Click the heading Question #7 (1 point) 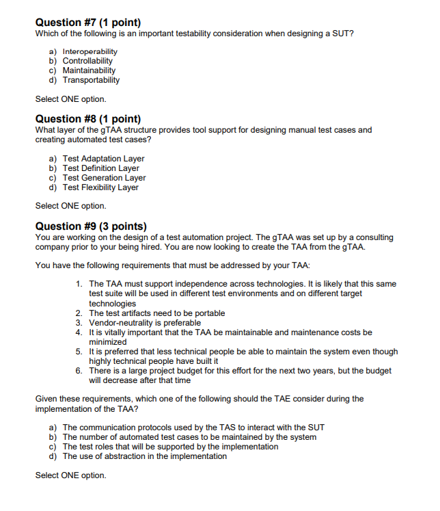[88, 22]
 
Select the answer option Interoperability [90, 51]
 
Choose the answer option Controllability [87, 61]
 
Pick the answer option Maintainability [89, 70]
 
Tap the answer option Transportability [91, 80]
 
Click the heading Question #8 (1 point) [88, 118]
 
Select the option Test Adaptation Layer [103, 159]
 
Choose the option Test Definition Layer [100, 168]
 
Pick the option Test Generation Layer [104, 178]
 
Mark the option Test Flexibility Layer [100, 187]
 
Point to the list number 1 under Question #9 [79, 284]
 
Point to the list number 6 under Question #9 [79, 371]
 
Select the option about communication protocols [184, 428]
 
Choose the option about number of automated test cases [189, 437]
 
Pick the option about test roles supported [170, 447]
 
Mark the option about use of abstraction [144, 456]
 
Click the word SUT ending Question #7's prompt [344, 34]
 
